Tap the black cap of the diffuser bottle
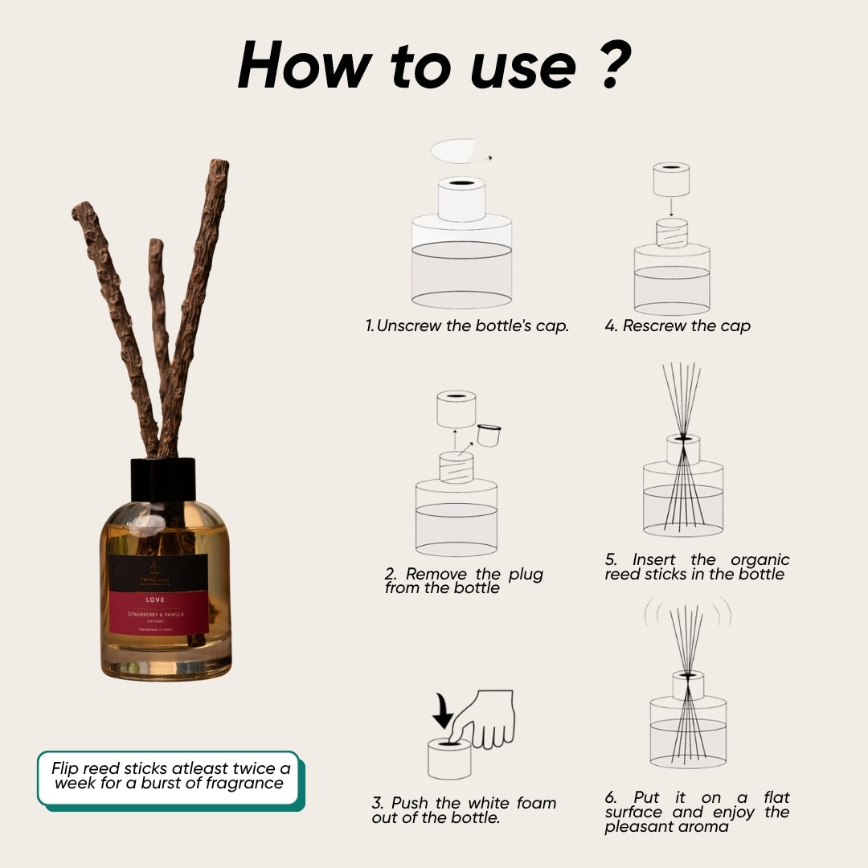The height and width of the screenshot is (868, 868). tap(163, 480)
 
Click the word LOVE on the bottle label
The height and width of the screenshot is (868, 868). tap(155, 600)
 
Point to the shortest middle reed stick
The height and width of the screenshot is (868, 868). tap(158, 321)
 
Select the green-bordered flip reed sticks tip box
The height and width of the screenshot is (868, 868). tap(168, 776)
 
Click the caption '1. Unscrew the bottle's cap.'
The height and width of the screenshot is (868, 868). tap(467, 326)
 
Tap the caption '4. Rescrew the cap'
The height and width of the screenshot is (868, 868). tap(678, 326)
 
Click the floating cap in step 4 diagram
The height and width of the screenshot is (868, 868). tap(671, 180)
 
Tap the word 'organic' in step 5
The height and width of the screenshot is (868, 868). tap(759, 559)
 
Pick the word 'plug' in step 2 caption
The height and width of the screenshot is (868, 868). tap(526, 574)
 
